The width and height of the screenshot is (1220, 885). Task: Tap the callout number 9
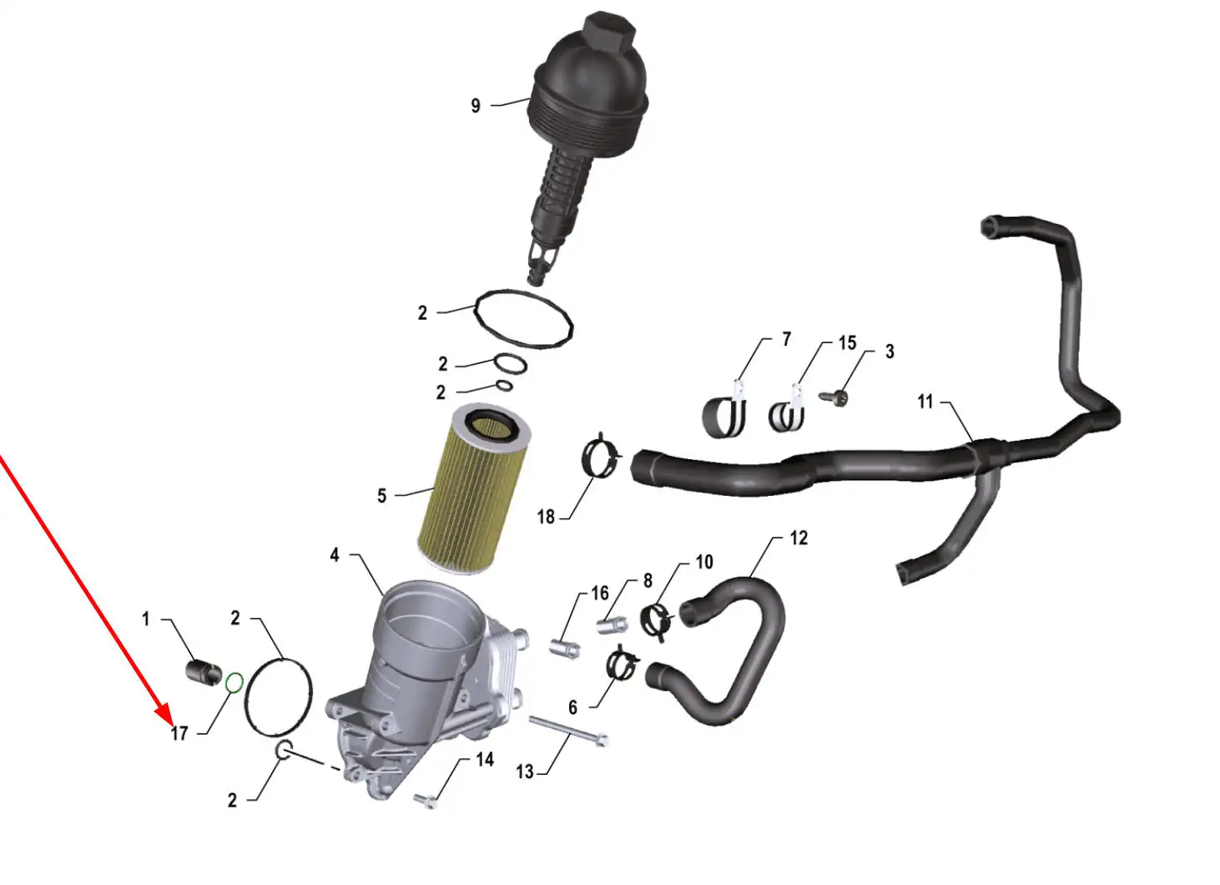[x=476, y=106]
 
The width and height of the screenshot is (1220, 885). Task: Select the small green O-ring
[x=234, y=683]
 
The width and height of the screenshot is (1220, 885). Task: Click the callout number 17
[x=179, y=734]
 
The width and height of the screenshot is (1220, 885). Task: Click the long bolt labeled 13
[x=568, y=731]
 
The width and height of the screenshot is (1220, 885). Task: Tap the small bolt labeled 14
[x=426, y=801]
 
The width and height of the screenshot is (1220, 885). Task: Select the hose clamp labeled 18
[x=602, y=458]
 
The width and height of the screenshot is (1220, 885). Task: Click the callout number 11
[x=925, y=402]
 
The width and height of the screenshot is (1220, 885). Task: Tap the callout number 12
[x=799, y=539]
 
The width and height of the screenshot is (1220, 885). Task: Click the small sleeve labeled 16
[x=565, y=648]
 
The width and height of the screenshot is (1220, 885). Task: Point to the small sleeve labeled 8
[x=613, y=624]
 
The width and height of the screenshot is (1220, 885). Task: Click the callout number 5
[x=382, y=496]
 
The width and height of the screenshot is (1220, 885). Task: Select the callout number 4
[x=335, y=555]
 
